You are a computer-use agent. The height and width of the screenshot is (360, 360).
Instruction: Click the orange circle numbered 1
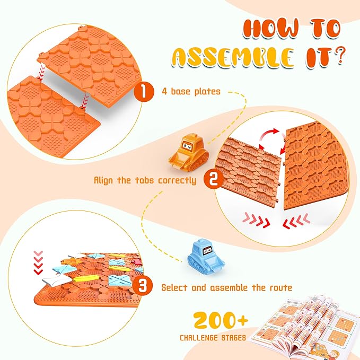144,91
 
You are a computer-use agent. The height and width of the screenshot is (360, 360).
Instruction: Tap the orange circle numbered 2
214,179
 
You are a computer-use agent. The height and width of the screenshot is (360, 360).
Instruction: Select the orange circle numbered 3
142,286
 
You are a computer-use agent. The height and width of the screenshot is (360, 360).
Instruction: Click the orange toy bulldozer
189,153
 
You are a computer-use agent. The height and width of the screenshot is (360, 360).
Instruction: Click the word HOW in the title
271,29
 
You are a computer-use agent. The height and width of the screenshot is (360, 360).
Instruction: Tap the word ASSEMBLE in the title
233,57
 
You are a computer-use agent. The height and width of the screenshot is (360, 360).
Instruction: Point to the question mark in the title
339,55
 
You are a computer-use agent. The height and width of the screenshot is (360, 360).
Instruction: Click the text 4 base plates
191,92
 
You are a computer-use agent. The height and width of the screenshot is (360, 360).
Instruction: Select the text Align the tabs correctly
145,180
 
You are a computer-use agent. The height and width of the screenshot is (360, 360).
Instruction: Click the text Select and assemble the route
226,287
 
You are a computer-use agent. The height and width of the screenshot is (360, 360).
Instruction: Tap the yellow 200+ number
221,320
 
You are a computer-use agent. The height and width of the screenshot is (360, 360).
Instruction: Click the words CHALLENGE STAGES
213,338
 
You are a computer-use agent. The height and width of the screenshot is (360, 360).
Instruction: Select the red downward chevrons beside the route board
38,263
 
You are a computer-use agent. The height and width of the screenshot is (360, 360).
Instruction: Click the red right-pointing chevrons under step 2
256,220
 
